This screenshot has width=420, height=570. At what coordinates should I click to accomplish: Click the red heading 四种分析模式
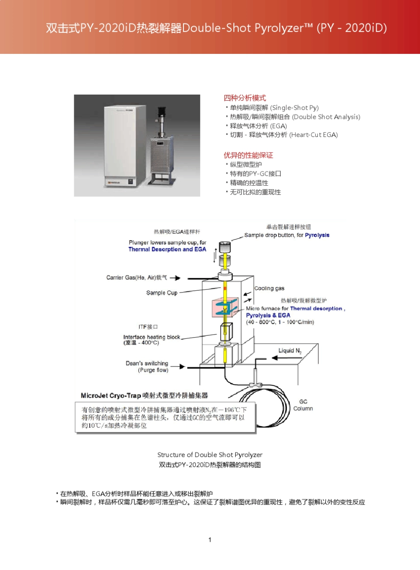pos(244,98)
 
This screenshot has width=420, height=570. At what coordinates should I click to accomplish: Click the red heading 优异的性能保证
pos(248,155)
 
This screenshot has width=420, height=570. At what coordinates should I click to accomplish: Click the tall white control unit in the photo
pos(125,146)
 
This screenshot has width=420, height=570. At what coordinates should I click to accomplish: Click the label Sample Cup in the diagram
pos(162,293)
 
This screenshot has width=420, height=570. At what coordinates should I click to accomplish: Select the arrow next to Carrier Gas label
pos(175,278)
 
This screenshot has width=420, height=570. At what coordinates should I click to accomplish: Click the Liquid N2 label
pos(290,351)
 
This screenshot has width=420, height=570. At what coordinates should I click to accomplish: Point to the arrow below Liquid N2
pos(287,358)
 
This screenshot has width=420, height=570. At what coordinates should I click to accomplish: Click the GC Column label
pos(303,405)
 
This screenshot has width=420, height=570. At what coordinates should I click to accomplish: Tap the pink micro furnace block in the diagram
pos(225,308)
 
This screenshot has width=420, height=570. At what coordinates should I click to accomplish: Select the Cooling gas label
pos(269,288)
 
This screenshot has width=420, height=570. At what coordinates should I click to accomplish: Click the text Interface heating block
pos(152,337)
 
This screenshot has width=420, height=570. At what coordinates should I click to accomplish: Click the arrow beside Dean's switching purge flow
pos(178,366)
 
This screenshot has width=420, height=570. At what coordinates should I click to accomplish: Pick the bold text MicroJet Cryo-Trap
pos(111,395)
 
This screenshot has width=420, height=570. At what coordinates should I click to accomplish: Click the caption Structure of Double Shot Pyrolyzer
pos(210,455)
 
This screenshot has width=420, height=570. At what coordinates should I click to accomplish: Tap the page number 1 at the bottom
pos(210,540)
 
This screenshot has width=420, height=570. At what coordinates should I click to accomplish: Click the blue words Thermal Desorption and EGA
pos(167,249)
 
